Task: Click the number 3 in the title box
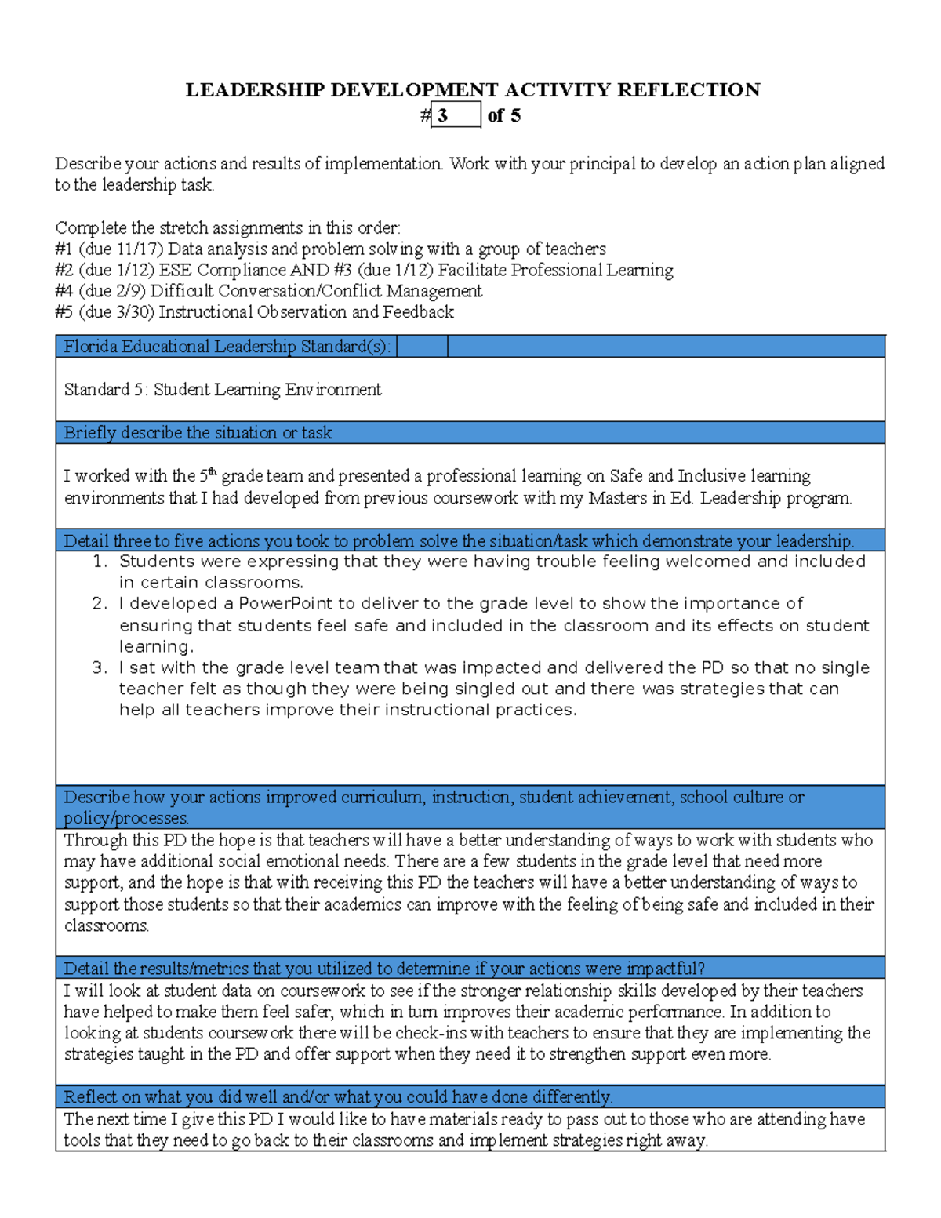[443, 116]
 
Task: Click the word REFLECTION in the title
[688, 90]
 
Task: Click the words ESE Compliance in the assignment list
[222, 271]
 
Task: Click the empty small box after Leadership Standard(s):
[422, 347]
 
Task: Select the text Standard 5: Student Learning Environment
[222, 390]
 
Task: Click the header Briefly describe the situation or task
[198, 433]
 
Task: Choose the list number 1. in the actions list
[99, 562]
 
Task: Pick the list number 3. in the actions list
[99, 668]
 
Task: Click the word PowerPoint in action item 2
[285, 604]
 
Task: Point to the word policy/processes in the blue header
[125, 818]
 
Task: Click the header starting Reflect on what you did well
[337, 1097]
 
